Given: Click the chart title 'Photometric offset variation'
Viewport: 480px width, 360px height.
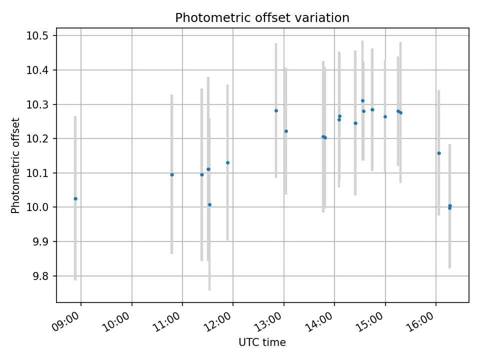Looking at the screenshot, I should [x=262, y=18].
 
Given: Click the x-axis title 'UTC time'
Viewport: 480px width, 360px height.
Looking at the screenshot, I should [x=262, y=342].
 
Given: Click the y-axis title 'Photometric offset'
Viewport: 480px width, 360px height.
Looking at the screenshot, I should [x=15, y=165].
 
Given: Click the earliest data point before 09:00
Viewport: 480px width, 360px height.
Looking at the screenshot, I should [x=75, y=198].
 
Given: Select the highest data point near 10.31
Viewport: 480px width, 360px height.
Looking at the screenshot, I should [x=362, y=100].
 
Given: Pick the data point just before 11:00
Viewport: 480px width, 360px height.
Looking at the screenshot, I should [x=172, y=174].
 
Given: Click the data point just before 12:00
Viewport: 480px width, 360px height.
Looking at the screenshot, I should [x=227, y=162].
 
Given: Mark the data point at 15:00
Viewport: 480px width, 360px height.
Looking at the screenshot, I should [x=385, y=116].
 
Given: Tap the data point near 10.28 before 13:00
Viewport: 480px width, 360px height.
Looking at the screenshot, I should [x=276, y=110].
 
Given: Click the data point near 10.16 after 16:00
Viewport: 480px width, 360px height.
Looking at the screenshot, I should [x=439, y=153].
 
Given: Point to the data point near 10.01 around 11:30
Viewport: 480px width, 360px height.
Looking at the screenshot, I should [x=209, y=204].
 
